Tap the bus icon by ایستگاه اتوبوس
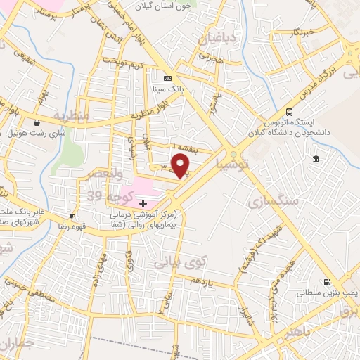click(289, 112)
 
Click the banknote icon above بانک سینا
click(167, 78)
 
